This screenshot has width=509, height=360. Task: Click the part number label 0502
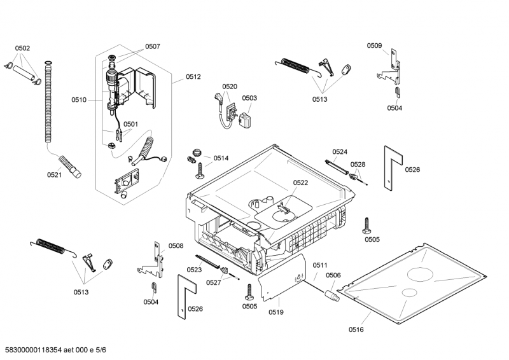pyautogui.click(x=22, y=48)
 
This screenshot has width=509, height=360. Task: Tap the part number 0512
pyautogui.click(x=193, y=77)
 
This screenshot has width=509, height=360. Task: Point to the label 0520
pyautogui.click(x=230, y=87)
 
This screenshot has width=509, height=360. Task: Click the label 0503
pyautogui.click(x=249, y=98)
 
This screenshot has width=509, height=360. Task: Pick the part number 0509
pyautogui.click(x=374, y=45)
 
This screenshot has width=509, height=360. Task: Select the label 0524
pyautogui.click(x=340, y=151)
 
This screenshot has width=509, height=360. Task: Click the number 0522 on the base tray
pyautogui.click(x=300, y=183)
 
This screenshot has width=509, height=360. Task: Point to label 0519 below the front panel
pyautogui.click(x=275, y=312)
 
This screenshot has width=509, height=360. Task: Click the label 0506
pyautogui.click(x=333, y=275)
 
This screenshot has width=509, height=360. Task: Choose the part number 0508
pyautogui.click(x=176, y=246)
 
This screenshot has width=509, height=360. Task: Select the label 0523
pyautogui.click(x=194, y=270)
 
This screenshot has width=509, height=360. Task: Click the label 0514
pyautogui.click(x=221, y=158)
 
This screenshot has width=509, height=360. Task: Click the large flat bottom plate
pyautogui.click(x=420, y=280)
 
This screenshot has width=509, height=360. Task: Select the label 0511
pyautogui.click(x=319, y=265)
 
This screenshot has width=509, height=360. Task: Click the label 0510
pyautogui.click(x=79, y=100)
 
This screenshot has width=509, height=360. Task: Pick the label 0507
pyautogui.click(x=153, y=46)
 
